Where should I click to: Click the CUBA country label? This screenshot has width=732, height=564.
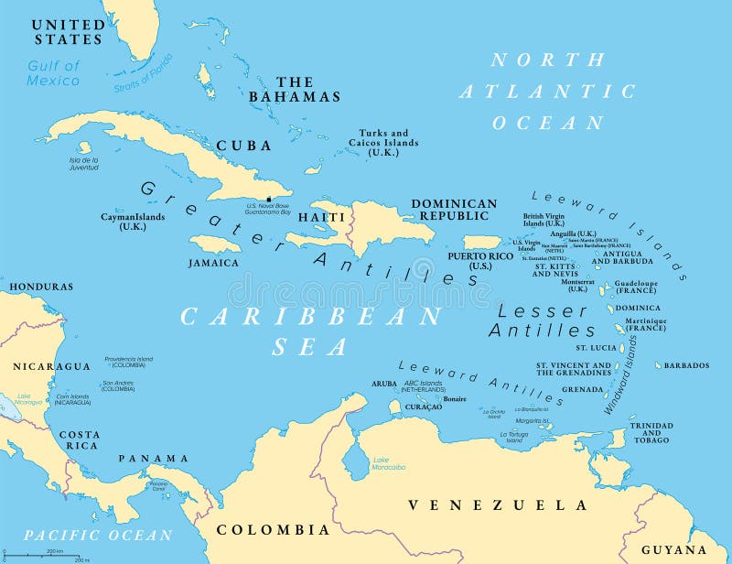(243, 146)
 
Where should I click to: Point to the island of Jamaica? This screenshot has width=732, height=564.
(216, 244)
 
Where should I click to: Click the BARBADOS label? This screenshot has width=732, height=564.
(685, 365)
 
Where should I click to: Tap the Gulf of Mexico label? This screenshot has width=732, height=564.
(53, 73)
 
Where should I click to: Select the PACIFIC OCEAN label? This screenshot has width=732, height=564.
(98, 535)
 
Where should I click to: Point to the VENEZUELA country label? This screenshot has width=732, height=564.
(498, 504)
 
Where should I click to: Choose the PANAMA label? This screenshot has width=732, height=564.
(153, 458)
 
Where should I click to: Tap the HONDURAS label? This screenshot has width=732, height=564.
(41, 287)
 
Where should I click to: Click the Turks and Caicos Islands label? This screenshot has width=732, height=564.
(382, 142)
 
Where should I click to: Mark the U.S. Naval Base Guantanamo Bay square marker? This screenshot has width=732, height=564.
(268, 199)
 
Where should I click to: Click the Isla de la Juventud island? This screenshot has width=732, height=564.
(84, 147)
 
